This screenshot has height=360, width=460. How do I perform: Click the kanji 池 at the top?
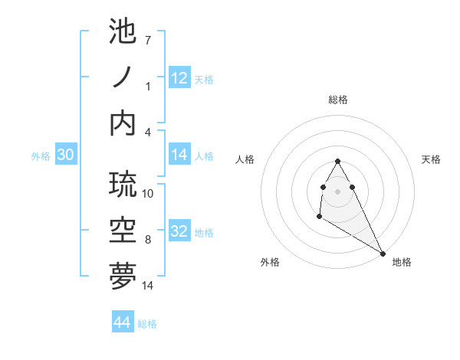coord(123,33)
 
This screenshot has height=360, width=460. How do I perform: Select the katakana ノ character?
coord(123,78)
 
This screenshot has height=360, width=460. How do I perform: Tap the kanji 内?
coord(123,123)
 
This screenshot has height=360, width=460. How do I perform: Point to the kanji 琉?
coord(123,185)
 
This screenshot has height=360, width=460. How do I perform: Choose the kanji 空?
coord(123,231)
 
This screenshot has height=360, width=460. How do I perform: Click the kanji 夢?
coord(123,277)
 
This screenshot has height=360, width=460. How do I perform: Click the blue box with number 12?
coord(179,78)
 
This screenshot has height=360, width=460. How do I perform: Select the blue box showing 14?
coord(179,155)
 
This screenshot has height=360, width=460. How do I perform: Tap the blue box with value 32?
coord(179,231)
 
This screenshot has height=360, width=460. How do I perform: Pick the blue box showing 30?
coord(65,155)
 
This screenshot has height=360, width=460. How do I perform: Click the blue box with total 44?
coord(122,322)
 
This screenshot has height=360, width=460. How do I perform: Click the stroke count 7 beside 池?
coord(148,40)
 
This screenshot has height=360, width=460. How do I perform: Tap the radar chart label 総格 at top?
coord(337,100)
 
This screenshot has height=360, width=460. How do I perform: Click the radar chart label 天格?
coord(431,159)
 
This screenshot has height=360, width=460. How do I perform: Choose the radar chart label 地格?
coord(402,262)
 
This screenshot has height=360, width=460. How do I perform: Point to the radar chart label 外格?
coord(270,262)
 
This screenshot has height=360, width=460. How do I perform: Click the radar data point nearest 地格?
coord(383,253)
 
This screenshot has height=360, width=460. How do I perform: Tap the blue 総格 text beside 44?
coord(147,324)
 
